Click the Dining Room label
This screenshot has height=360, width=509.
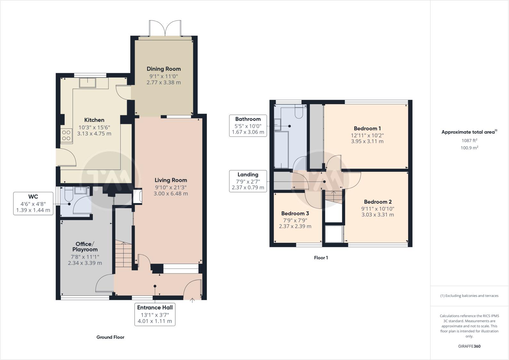(x=164, y=69)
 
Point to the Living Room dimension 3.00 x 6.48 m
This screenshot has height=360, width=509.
(x=171, y=194)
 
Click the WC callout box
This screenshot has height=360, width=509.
(x=33, y=203)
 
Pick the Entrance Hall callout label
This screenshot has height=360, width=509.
(x=155, y=314)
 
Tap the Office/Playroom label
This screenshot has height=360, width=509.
(x=85, y=247)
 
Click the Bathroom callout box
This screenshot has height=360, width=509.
(x=248, y=125)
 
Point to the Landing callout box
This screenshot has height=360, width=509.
(x=248, y=181)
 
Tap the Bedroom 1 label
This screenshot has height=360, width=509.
(x=367, y=128)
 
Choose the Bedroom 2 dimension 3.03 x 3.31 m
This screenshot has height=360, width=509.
(x=378, y=215)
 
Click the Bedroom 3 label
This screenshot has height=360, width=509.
(x=295, y=214)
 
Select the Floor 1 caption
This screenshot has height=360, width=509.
(x=321, y=258)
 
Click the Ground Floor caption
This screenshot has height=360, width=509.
(x=110, y=337)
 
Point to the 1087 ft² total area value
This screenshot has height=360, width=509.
(x=469, y=141)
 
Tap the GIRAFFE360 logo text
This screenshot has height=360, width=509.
(x=469, y=346)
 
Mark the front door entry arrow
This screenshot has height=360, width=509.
(x=192, y=300)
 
